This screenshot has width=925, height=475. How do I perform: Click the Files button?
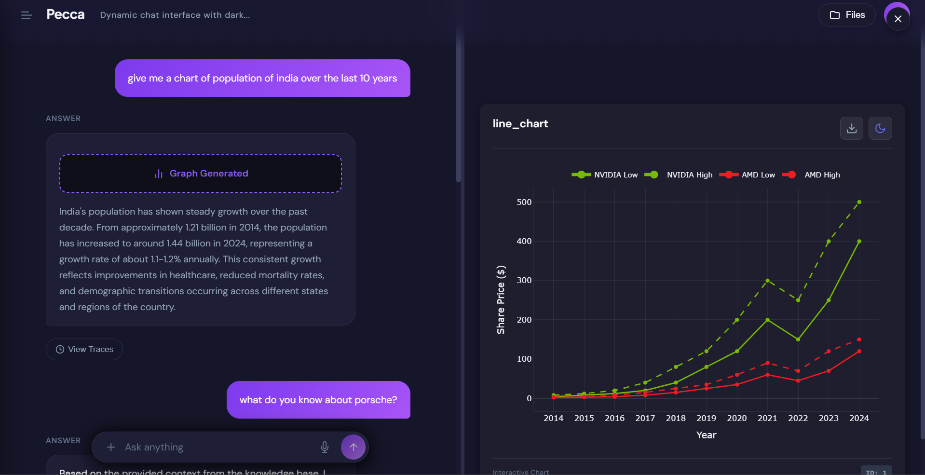pos(847,15)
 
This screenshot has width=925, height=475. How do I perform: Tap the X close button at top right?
pos(898,19)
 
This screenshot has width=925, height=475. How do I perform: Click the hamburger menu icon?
pos(27,15)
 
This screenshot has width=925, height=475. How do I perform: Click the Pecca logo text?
pos(66,14)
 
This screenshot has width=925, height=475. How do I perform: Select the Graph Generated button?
pos(201,174)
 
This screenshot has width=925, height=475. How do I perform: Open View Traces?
pos(84,349)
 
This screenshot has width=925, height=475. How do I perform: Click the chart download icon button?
pos(851,128)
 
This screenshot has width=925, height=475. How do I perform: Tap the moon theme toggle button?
pos(880,128)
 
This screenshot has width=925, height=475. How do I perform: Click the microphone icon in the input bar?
pos(325,447)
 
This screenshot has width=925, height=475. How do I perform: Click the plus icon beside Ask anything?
pos(111,447)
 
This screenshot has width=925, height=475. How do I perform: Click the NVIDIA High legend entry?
pos(689,175)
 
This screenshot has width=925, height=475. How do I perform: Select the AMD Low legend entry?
pos(757,175)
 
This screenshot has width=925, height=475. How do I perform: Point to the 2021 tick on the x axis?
pos(767,418)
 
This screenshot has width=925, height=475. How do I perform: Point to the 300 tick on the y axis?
pos(524,280)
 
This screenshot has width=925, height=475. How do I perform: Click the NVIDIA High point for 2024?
pos(859,202)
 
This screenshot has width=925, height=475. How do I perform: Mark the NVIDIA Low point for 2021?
pos(767,320)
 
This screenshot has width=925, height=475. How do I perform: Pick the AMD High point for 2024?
pos(859,339)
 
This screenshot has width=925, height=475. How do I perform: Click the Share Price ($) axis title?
pos(501,299)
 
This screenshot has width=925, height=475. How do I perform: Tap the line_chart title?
pos(520,124)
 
